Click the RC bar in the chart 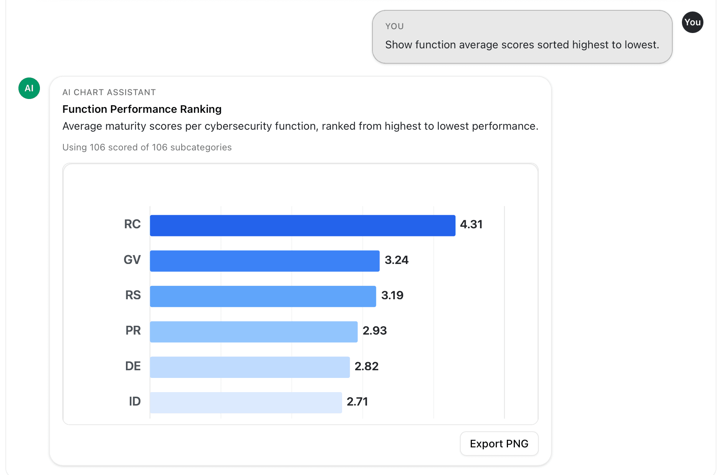tap(303, 225)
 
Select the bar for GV tap(265, 261)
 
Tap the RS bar tap(263, 296)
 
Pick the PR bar tap(253, 332)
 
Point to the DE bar tap(250, 367)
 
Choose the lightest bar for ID tap(246, 402)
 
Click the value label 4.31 tap(471, 224)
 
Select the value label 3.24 tap(396, 260)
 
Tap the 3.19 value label tap(392, 295)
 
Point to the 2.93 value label tap(374, 331)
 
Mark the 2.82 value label tap(366, 366)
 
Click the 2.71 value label tap(357, 402)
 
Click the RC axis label tap(132, 224)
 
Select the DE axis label tap(133, 366)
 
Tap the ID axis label tap(135, 402)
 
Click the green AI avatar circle tap(29, 88)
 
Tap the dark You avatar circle tap(692, 22)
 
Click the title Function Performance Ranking tap(142, 109)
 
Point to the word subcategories tap(201, 147)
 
